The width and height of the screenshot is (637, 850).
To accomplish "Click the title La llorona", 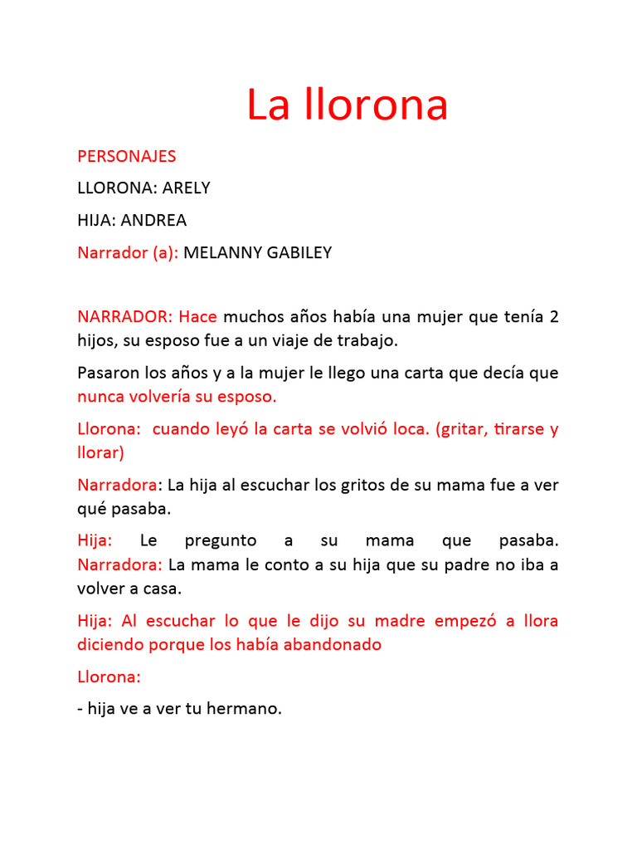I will (x=347, y=105).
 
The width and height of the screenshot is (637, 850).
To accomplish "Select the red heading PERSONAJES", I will (x=126, y=156).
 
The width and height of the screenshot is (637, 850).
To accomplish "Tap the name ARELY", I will (x=187, y=188).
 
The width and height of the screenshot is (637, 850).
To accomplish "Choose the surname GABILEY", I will (x=299, y=252).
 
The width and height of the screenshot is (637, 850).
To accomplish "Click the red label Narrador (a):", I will (x=128, y=252).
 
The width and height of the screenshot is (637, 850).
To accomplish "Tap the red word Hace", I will (x=197, y=316).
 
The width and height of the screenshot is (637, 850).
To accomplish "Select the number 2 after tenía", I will (x=553, y=316).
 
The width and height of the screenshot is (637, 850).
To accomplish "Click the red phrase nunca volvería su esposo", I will (x=177, y=397).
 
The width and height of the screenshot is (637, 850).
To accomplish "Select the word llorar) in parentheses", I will (x=100, y=453).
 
